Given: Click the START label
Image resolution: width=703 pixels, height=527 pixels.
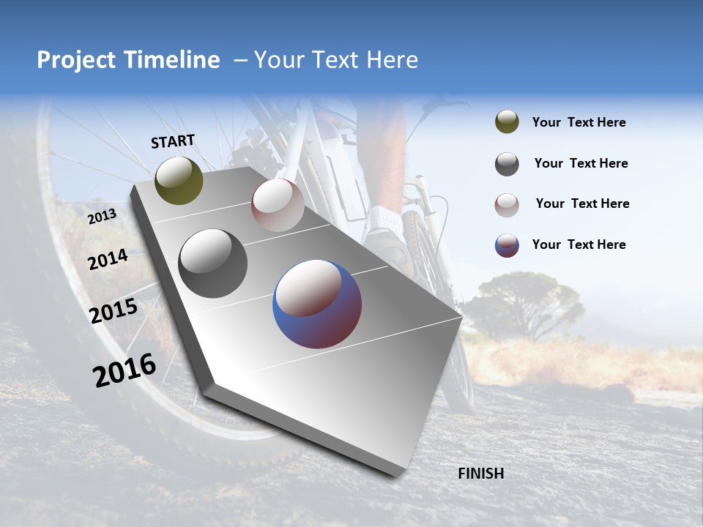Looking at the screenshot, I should coord(173,141).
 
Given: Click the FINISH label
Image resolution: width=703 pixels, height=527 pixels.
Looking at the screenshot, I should coord(480,474).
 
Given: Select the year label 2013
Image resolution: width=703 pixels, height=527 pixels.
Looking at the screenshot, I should coord(102,216).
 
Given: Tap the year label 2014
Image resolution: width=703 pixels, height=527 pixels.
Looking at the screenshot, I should coord(108,259).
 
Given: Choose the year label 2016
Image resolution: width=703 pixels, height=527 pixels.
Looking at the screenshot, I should coord(124,370).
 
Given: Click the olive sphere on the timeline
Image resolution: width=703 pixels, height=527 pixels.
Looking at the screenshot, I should coord(179,180).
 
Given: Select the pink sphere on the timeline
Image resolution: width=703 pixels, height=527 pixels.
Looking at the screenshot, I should coord(278,205).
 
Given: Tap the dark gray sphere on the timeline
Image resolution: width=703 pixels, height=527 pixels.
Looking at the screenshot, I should coord(212,263).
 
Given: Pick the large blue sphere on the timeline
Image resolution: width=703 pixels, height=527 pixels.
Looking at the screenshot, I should coord(317,304).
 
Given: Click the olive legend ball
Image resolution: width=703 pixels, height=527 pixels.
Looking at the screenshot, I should coord(507,122).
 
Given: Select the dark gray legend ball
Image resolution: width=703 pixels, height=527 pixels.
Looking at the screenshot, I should coord(507,164).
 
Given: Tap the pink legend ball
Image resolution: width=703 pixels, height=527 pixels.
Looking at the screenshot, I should coord(507,204).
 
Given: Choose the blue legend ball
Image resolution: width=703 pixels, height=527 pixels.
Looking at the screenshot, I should coord(507,245).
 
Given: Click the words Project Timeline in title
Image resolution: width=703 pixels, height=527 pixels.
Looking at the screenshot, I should coord(128,60).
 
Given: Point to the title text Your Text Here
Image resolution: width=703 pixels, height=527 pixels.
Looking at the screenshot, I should coord(336,60).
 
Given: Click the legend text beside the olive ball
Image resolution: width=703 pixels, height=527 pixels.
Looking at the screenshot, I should coord(579,122).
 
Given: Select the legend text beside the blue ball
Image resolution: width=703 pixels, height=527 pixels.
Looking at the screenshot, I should coord(579,244).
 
